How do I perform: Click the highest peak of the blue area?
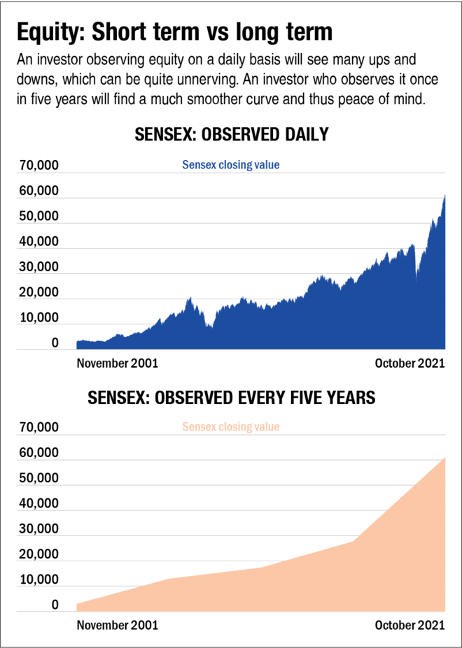pyautogui.click(x=444, y=194)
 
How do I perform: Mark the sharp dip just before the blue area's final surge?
pyautogui.click(x=416, y=272)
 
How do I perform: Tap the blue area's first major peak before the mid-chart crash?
pyautogui.click(x=190, y=298)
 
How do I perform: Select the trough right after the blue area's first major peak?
pyautogui.click(x=209, y=324)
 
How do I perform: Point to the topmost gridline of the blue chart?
pyautogui.click(x=231, y=173)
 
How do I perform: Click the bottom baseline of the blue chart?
pyautogui.click(x=231, y=349)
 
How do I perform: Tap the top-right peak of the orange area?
pyautogui.click(x=444, y=456)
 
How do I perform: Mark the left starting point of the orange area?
pyautogui.click(x=76, y=603)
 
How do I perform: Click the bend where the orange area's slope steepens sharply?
pyautogui.click(x=352, y=540)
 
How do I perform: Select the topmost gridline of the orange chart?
pyautogui.click(x=231, y=435)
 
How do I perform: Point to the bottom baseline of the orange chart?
pyautogui.click(x=231, y=612)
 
